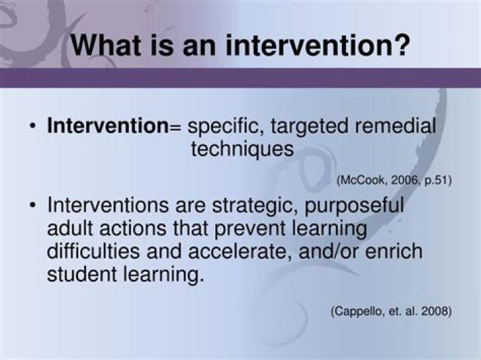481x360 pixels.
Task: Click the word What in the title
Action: click(110, 45)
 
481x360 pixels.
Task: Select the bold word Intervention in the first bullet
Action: click(107, 127)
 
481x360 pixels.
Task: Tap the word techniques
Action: click(242, 149)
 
